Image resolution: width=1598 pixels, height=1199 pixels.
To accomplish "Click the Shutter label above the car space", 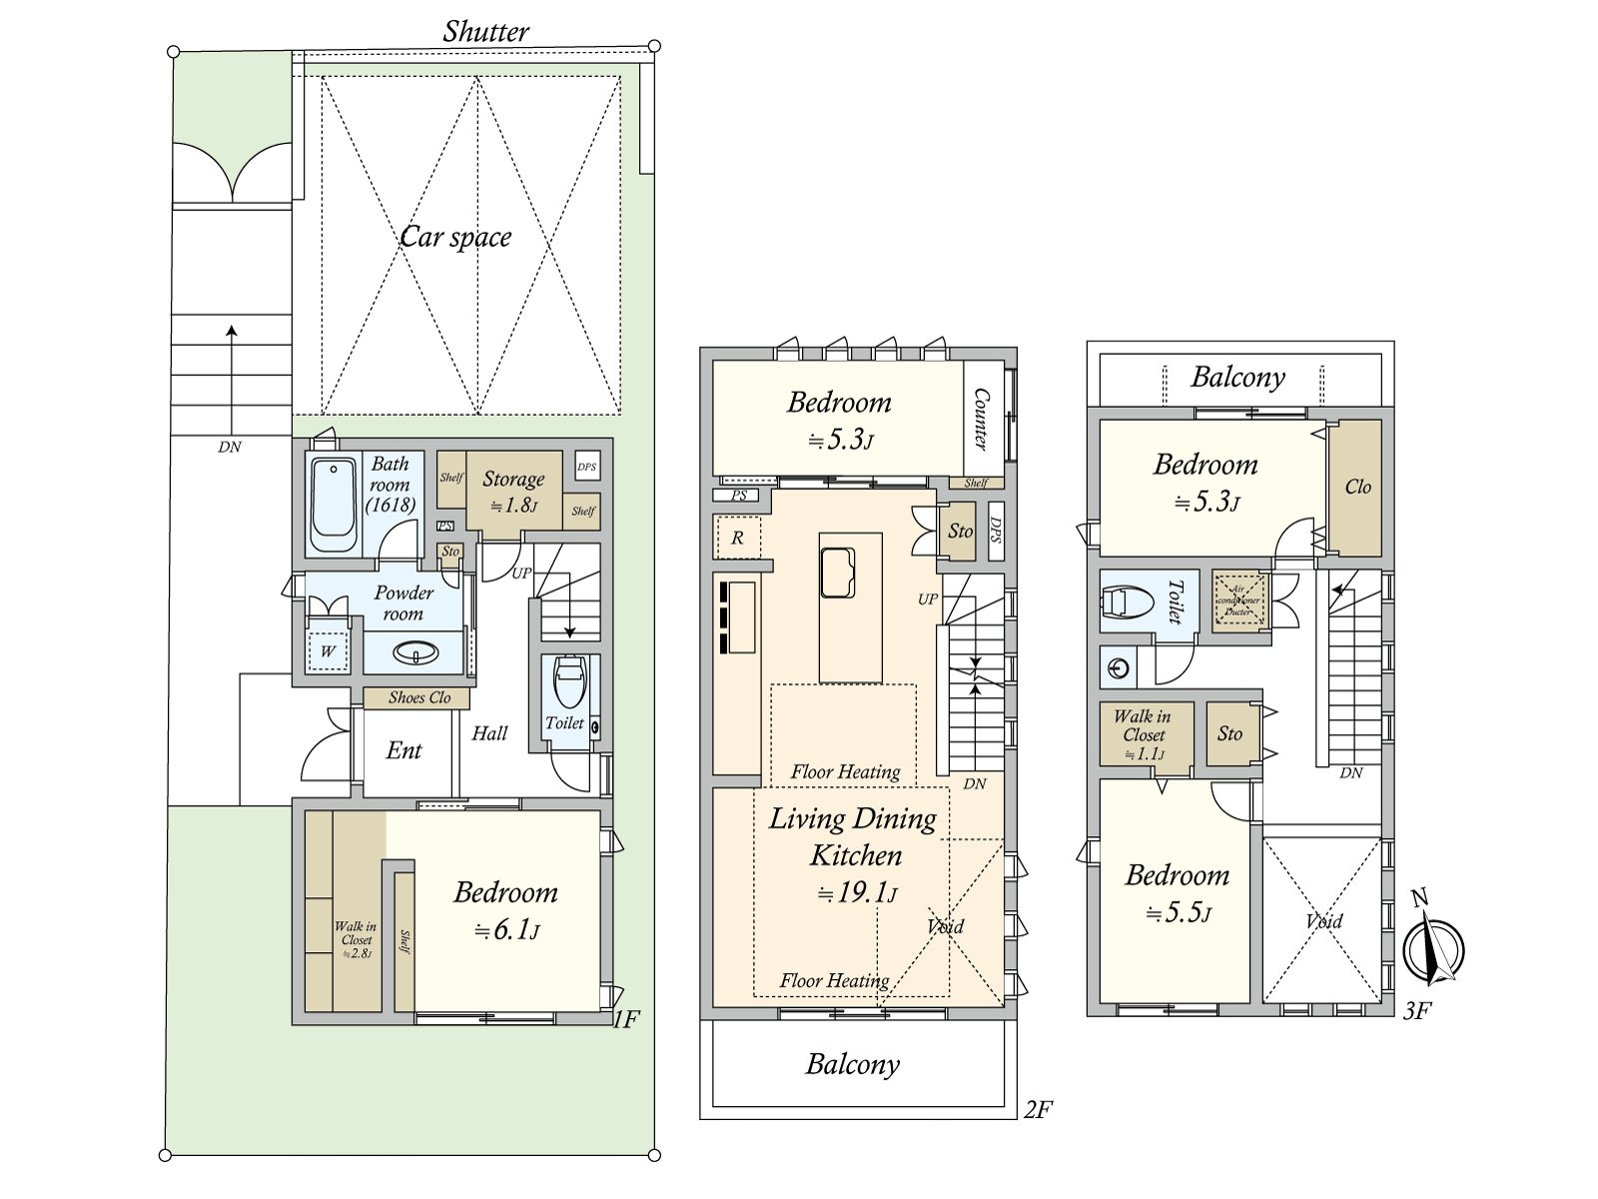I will pos(485,32).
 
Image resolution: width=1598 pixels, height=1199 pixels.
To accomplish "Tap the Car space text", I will pos(455,237).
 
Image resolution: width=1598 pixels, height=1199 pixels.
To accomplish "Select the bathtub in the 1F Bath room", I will pos(333,504).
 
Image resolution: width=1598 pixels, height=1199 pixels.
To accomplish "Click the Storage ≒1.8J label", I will pos(512,491).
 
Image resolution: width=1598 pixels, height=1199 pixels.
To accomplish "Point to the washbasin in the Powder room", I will pos(415,654).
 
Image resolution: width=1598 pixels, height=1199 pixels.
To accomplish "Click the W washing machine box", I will pos(328,652).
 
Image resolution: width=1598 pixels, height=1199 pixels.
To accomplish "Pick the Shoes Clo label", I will pos(419,697).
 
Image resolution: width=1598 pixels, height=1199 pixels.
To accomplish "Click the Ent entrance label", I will pos(403,750).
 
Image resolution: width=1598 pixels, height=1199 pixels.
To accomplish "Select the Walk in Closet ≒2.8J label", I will pos(356,939).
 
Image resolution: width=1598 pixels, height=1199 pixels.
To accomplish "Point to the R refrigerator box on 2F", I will pos(738,538).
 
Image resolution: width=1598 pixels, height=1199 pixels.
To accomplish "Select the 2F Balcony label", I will pos(852,1064).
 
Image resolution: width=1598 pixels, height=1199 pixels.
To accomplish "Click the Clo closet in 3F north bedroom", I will pos(1357,487).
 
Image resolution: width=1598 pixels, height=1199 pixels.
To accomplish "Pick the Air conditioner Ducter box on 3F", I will pos(1239,599).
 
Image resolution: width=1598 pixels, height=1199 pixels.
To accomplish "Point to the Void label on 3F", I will pos(1324,920).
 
